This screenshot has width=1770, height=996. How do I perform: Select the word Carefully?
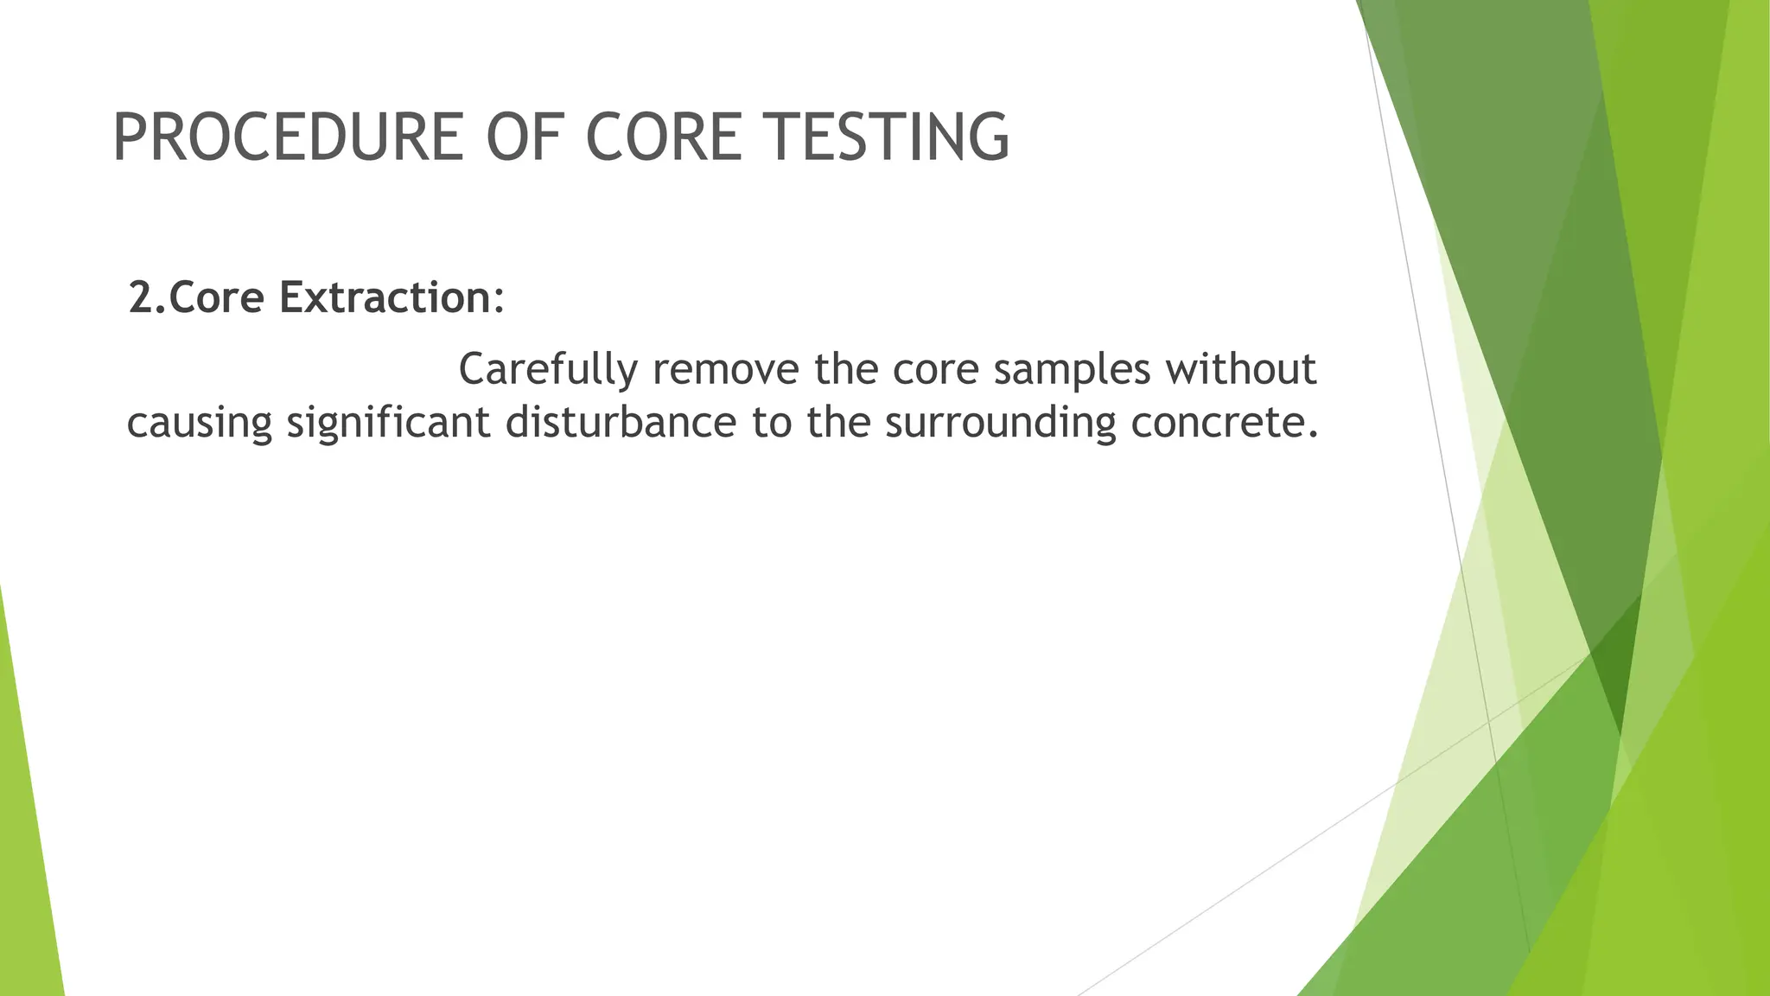click(x=548, y=370)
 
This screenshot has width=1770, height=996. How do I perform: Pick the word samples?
click(x=1072, y=370)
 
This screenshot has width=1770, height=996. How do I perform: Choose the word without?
click(x=1240, y=370)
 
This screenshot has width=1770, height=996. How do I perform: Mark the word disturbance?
click(x=621, y=424)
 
